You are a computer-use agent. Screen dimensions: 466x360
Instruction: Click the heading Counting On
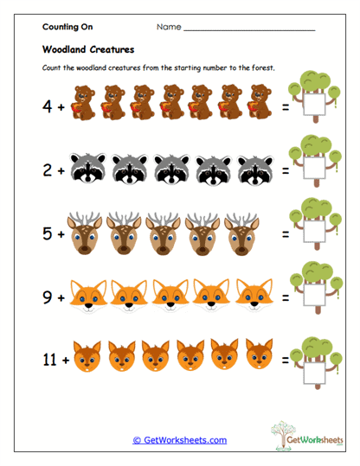point(67,28)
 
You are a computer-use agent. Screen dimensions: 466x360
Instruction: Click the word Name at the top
point(169,28)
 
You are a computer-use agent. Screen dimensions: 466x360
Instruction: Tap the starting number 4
point(48,107)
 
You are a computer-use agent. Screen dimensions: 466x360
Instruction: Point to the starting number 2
point(48,171)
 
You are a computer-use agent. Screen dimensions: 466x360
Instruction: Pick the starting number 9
point(48,296)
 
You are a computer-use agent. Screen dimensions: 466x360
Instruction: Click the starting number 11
point(51,356)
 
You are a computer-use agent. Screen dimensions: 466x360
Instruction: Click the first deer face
point(85,232)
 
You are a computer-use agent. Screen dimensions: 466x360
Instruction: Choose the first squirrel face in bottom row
point(85,355)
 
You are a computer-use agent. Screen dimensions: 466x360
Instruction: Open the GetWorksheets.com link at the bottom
point(179,440)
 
